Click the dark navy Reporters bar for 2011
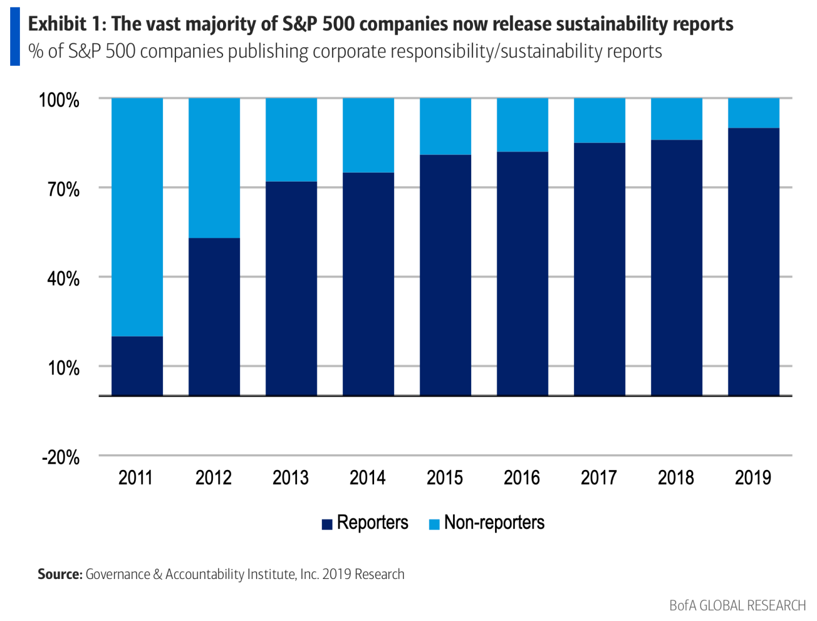point(137,366)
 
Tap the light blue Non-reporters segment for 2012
point(214,168)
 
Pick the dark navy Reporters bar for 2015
point(445,275)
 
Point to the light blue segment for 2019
point(753,113)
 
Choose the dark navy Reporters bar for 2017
point(599,269)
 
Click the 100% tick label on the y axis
point(59,100)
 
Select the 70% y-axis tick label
point(63,190)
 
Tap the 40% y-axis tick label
point(63,279)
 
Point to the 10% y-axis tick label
point(63,368)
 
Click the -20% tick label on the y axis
point(60,457)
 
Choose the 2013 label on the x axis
point(290,477)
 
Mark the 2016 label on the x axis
point(522,477)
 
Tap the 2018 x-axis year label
point(676,477)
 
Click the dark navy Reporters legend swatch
point(327,524)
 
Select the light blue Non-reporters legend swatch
point(434,524)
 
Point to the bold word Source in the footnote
point(60,574)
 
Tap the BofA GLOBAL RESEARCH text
point(737,605)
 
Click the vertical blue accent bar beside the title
point(15,37)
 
